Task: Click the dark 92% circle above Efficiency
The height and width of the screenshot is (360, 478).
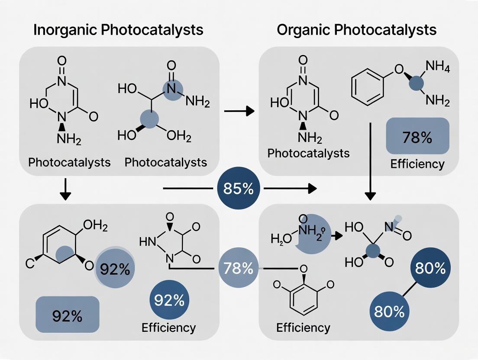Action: pos(169,300)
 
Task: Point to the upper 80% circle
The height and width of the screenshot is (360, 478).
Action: pos(430,268)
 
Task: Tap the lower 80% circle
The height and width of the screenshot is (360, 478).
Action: pos(389,311)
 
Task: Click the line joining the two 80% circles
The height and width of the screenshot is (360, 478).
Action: pos(409,290)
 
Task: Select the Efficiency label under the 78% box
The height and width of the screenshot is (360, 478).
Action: pos(417,164)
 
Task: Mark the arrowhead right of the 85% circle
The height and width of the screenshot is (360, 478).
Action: pos(311,189)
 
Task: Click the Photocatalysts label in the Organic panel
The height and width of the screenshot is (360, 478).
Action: pos(309,153)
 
